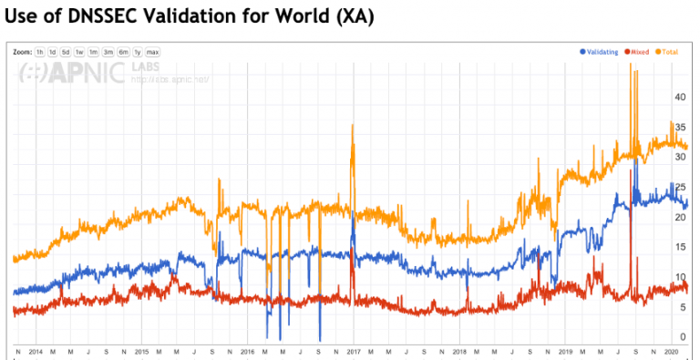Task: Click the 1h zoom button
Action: pyautogui.click(x=40, y=52)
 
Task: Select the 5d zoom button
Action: pyautogui.click(x=66, y=52)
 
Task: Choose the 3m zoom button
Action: pyautogui.click(x=108, y=52)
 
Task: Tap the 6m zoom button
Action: pyautogui.click(x=122, y=52)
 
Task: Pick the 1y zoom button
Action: pyautogui.click(x=137, y=52)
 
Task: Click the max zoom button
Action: pyautogui.click(x=152, y=52)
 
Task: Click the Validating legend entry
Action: pyautogui.click(x=602, y=52)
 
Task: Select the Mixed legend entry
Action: pyautogui.click(x=640, y=52)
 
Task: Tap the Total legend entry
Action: pyautogui.click(x=669, y=52)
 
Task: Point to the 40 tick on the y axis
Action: pyautogui.click(x=679, y=96)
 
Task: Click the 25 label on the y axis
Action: pyautogui.click(x=679, y=187)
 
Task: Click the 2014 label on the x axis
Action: pyautogui.click(x=36, y=351)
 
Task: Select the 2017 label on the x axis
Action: pyautogui.click(x=353, y=351)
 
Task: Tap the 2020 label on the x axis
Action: pyautogui.click(x=670, y=351)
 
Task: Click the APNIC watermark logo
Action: pyautogui.click(x=73, y=74)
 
